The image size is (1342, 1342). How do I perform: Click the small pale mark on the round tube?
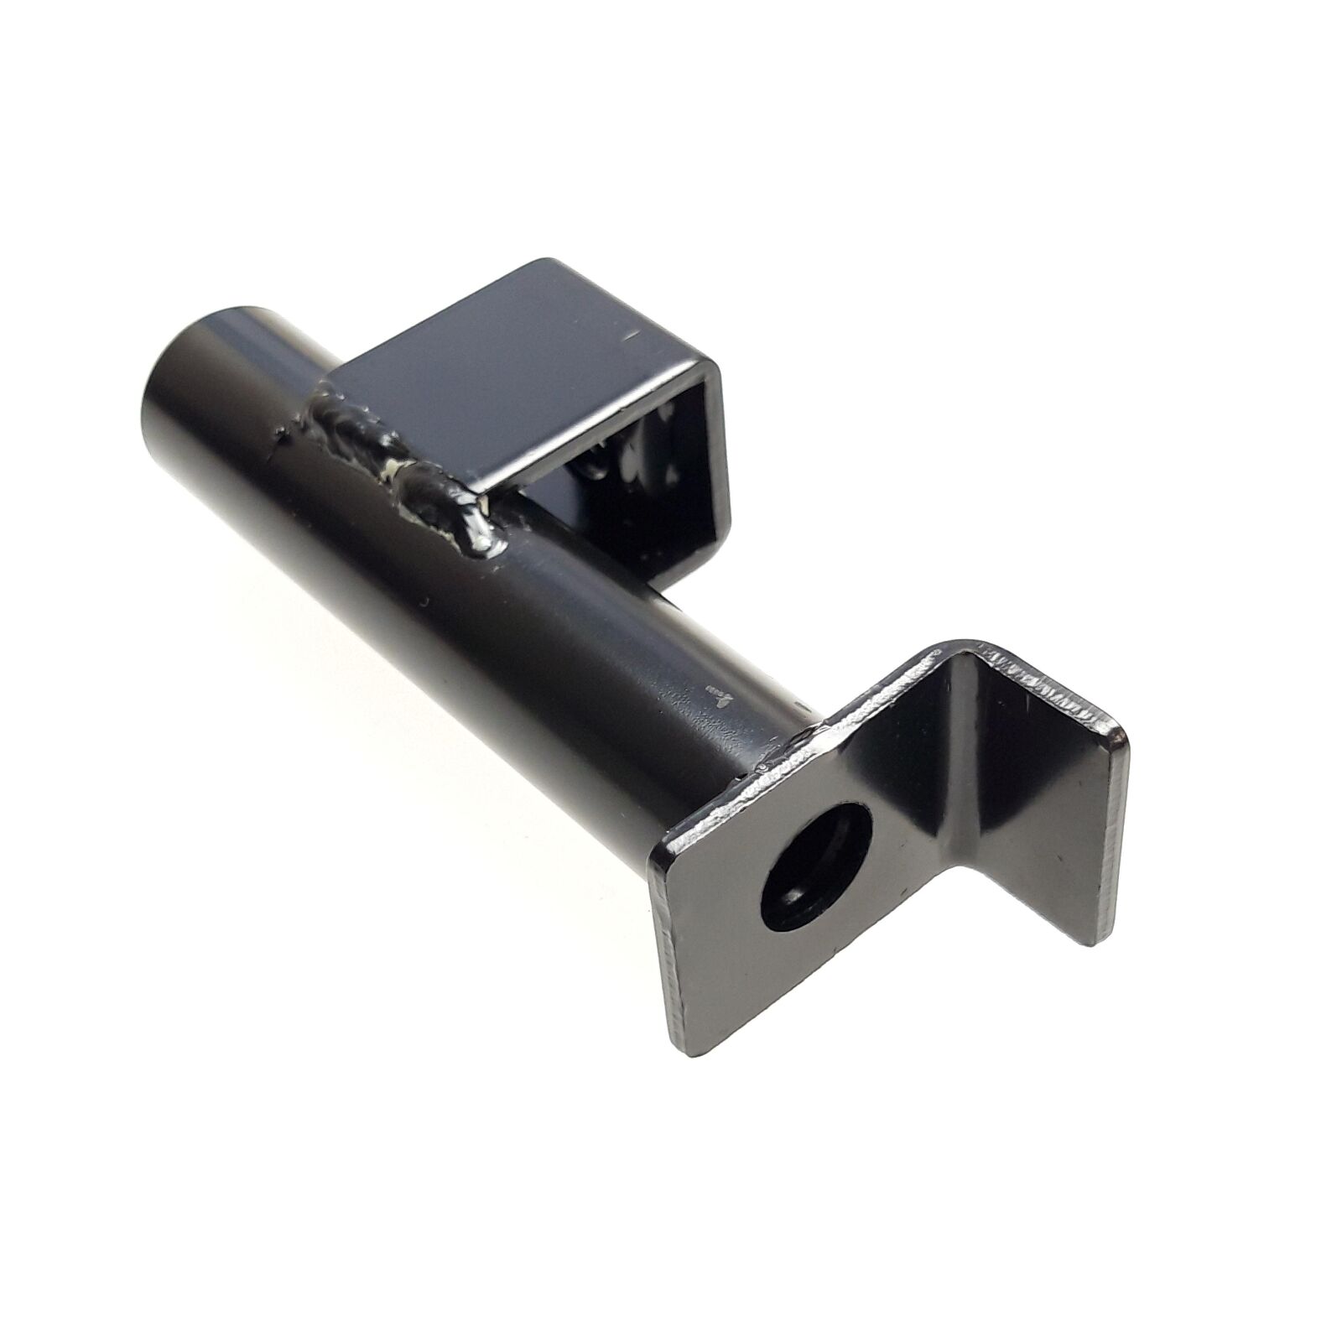720,693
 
